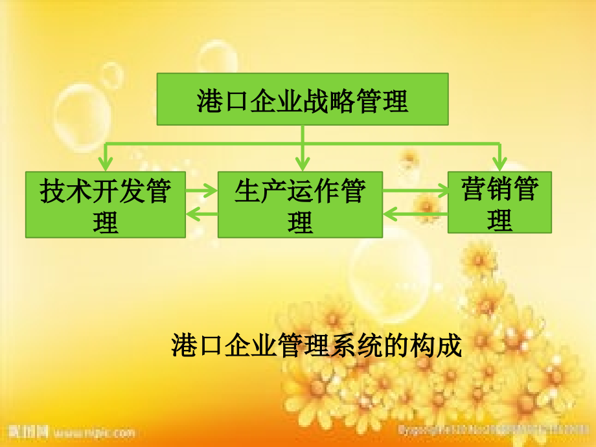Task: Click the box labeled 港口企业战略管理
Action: (303, 99)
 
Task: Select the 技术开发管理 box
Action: (105, 205)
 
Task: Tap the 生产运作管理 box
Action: (300, 205)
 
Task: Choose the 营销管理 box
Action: (499, 201)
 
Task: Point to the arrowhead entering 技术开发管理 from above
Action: (105, 165)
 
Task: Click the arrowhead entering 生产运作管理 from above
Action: (301, 165)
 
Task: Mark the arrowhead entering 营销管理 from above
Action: (499, 165)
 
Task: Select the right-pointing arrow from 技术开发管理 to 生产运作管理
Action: (201, 190)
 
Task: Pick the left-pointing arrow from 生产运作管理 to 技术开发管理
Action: (201, 214)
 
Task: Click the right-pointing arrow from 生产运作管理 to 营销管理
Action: (415, 190)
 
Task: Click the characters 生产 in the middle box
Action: (252, 192)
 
